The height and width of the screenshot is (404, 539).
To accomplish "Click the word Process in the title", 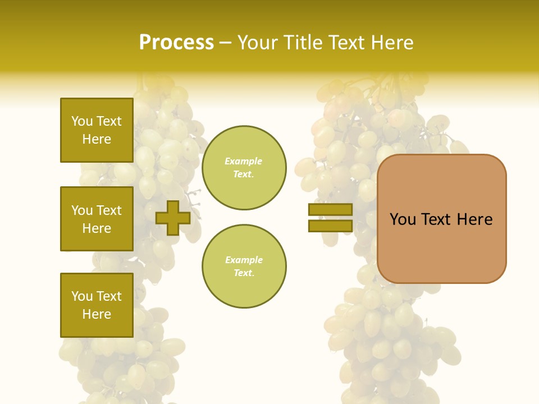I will pyautogui.click(x=176, y=43).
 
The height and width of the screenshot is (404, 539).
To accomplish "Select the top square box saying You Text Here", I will pyautogui.click(x=97, y=130).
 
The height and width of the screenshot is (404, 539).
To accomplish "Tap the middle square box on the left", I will pyautogui.click(x=97, y=219).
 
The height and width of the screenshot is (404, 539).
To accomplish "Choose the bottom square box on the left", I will pyautogui.click(x=97, y=305).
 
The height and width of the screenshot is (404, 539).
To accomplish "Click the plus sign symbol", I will pyautogui.click(x=173, y=218).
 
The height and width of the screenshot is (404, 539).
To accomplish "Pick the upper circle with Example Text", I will pyautogui.click(x=244, y=167).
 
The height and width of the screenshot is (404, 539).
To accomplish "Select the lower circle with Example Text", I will pyautogui.click(x=244, y=266).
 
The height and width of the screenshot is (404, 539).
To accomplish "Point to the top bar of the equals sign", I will pyautogui.click(x=330, y=209).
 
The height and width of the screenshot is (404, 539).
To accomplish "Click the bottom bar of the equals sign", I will pyautogui.click(x=330, y=226).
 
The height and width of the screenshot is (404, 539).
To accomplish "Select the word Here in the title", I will pyautogui.click(x=391, y=43).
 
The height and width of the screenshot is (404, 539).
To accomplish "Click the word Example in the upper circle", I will pyautogui.click(x=244, y=161).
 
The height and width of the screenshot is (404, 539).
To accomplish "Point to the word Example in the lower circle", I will pyautogui.click(x=244, y=260).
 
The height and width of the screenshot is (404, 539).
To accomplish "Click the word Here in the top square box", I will pyautogui.click(x=97, y=139).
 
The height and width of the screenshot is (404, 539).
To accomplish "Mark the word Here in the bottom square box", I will pyautogui.click(x=97, y=314).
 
